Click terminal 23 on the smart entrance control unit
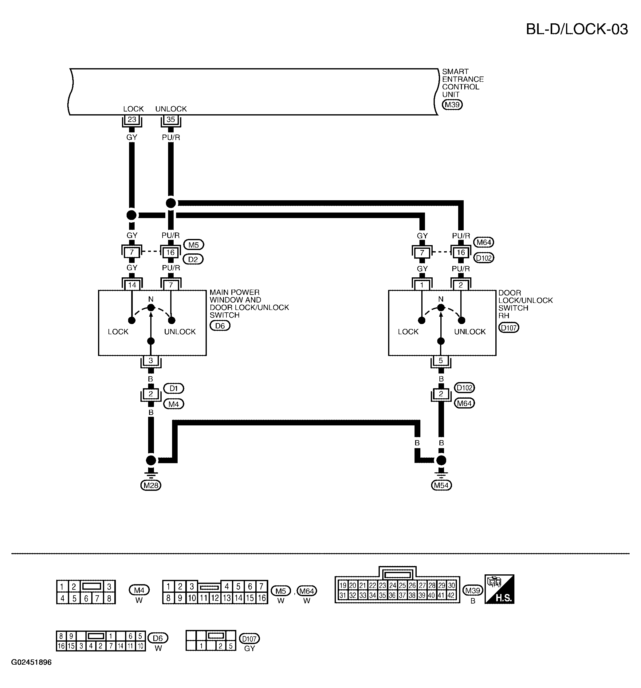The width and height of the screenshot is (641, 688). coord(132,120)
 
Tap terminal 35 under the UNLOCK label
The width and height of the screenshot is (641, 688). coord(171,120)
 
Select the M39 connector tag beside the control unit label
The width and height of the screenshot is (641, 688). coord(452,104)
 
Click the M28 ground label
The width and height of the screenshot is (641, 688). coord(151,485)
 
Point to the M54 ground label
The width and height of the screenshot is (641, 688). coord(442,485)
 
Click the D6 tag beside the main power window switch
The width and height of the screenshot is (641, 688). coord(220,326)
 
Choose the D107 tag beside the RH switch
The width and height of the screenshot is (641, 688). coord(509,327)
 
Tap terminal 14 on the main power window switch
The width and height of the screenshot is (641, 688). coord(132,285)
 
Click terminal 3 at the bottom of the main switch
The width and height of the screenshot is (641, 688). coord(151,361)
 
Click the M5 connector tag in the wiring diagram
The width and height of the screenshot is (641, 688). coord(194,245)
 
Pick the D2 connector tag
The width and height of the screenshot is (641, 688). coord(193,259)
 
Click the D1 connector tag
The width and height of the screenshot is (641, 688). coord(174,388)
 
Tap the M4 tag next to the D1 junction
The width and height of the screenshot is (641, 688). coord(174,404)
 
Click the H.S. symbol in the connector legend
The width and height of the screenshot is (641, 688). coord(499,589)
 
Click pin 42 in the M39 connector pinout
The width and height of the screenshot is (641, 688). coord(451,595)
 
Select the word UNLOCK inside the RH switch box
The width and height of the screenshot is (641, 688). coord(470,331)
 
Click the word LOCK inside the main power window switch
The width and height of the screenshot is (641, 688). coord(118,331)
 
